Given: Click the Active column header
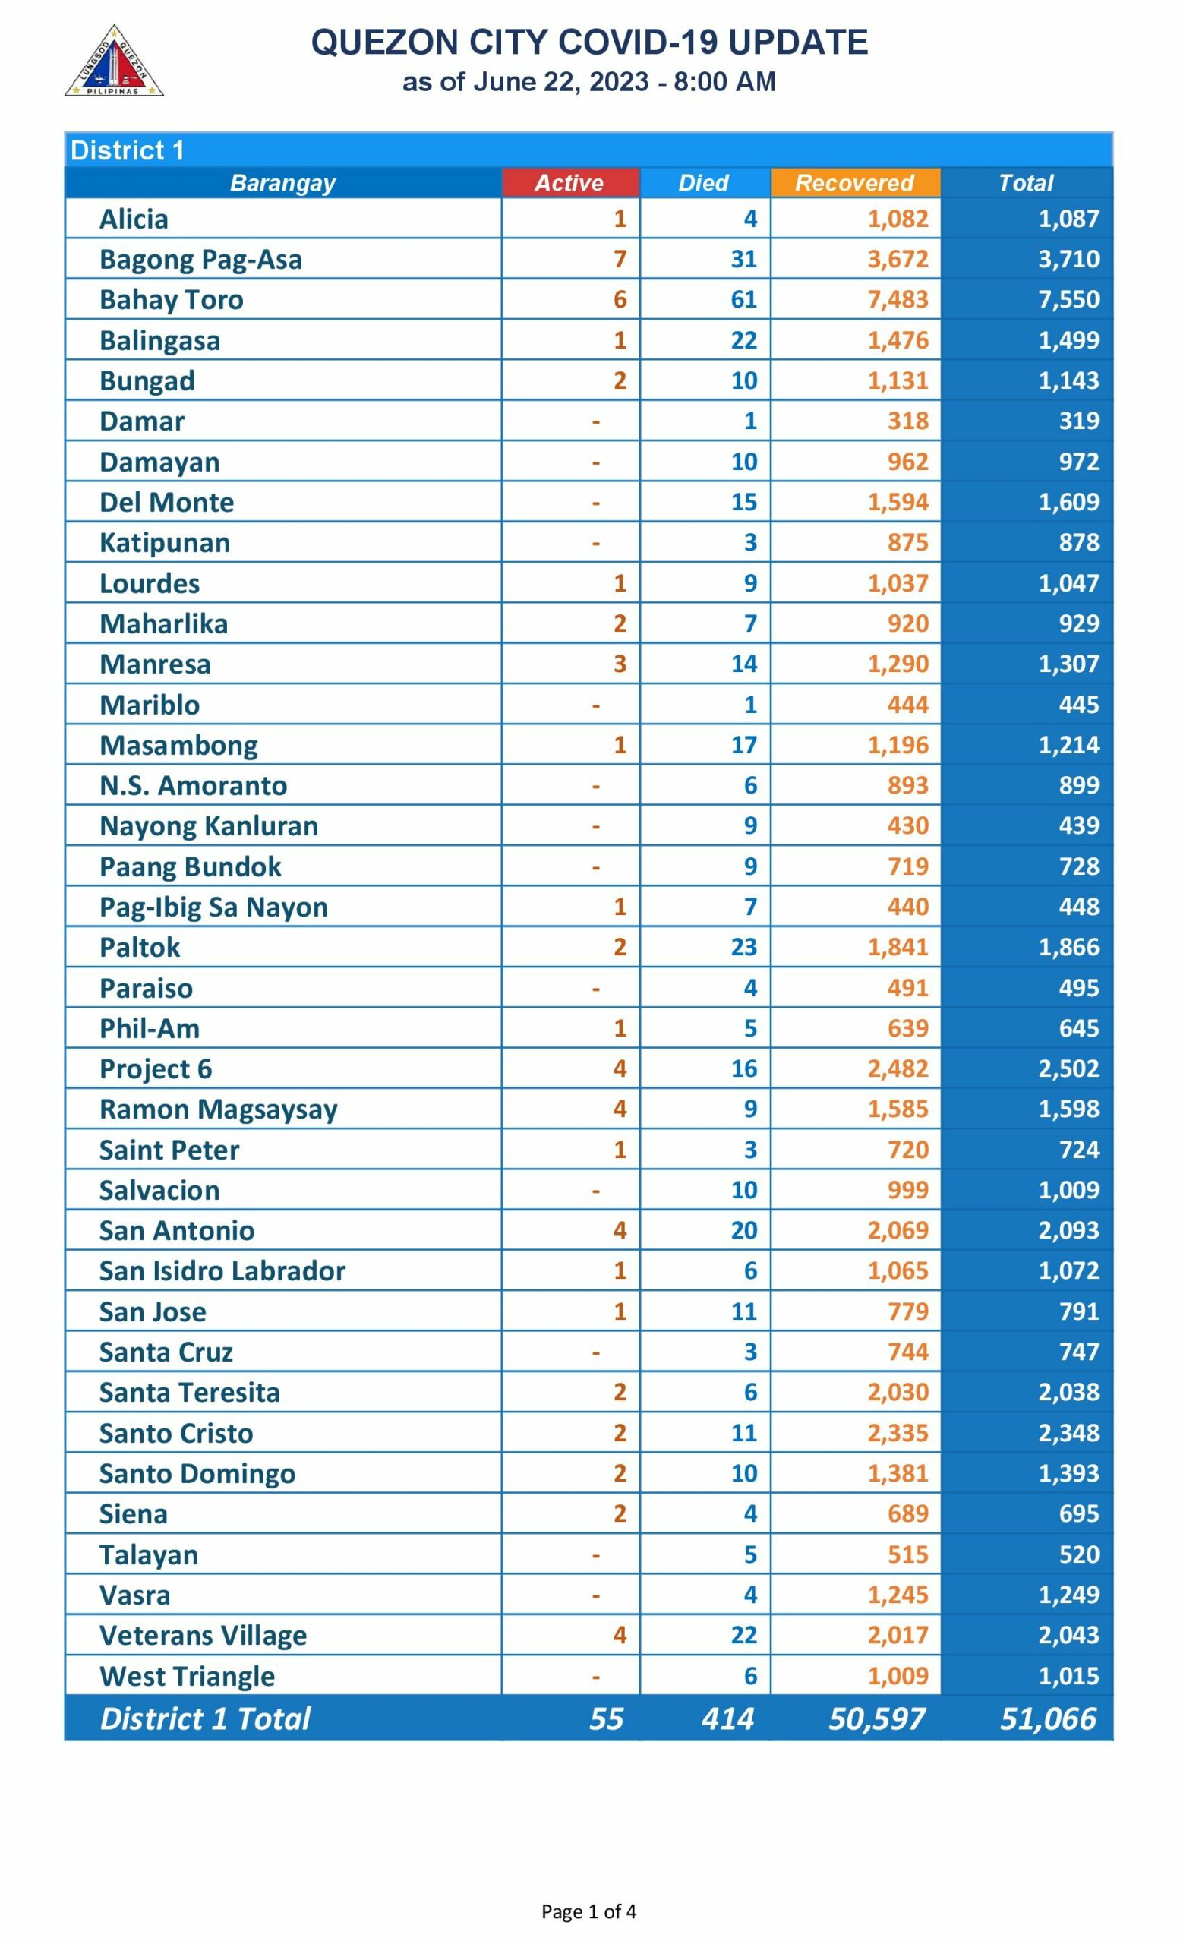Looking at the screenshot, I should (569, 183).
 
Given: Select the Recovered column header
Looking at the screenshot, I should (854, 183).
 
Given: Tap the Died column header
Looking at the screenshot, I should (704, 183).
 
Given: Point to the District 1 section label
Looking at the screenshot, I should (127, 150).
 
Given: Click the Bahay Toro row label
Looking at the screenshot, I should (171, 300).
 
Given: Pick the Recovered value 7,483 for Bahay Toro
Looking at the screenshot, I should (898, 300).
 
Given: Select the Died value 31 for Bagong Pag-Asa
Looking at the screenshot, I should (743, 260).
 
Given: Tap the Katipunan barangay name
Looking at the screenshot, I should (165, 543).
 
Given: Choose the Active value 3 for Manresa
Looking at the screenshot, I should (620, 664).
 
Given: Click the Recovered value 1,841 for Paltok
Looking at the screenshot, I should (898, 947).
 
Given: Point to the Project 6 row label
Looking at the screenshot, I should (156, 1068).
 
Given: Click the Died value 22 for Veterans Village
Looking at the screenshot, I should (743, 1635).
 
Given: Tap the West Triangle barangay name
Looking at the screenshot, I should (187, 1676).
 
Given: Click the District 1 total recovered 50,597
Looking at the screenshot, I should (876, 1718).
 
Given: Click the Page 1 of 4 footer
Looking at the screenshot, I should (588, 1911).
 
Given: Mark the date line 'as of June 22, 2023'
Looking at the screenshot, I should (588, 82).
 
